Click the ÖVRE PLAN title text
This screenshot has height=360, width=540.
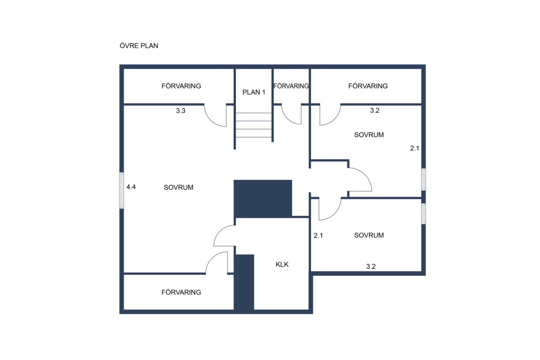tap(139, 46)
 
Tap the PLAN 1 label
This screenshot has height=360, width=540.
tap(254, 92)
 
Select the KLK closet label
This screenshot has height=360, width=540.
tap(282, 265)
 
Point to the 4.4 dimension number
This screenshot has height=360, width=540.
tap(131, 187)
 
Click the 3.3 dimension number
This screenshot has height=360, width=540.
tap(181, 111)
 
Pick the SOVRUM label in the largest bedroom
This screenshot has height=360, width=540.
tap(178, 187)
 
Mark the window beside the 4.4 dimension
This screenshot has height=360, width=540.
tap(122, 190)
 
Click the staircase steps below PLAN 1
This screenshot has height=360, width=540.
tap(254, 125)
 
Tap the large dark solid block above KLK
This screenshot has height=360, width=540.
tap(263, 199)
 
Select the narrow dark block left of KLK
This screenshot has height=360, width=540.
tap(244, 282)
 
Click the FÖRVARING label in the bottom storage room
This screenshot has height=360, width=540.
tap(181, 292)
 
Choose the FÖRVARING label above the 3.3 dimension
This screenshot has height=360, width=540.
tap(181, 86)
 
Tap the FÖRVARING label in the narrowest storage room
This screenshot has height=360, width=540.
tap(291, 86)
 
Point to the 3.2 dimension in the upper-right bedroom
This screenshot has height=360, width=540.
tap(375, 111)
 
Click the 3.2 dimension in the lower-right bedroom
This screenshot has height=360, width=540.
tap(371, 266)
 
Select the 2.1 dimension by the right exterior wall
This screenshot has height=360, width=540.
tap(415, 148)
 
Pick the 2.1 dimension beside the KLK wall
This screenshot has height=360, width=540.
tap(318, 235)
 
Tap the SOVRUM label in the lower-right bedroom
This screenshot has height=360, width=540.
tap(369, 235)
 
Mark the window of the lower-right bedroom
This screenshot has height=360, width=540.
tap(424, 214)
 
